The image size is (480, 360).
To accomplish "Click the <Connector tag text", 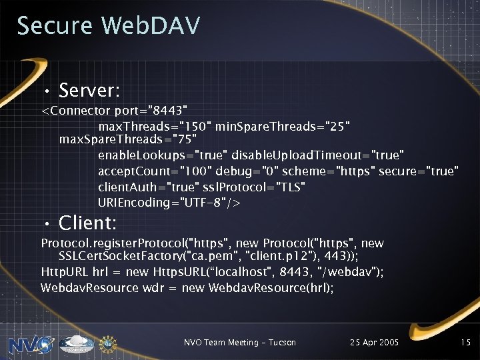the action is (76, 109).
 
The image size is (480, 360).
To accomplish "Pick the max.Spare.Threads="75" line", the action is (128, 140).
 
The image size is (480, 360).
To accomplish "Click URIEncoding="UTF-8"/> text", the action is (170, 202).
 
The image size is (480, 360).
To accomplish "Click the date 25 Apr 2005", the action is (374, 342).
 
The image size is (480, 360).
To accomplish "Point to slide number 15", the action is (465, 342).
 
